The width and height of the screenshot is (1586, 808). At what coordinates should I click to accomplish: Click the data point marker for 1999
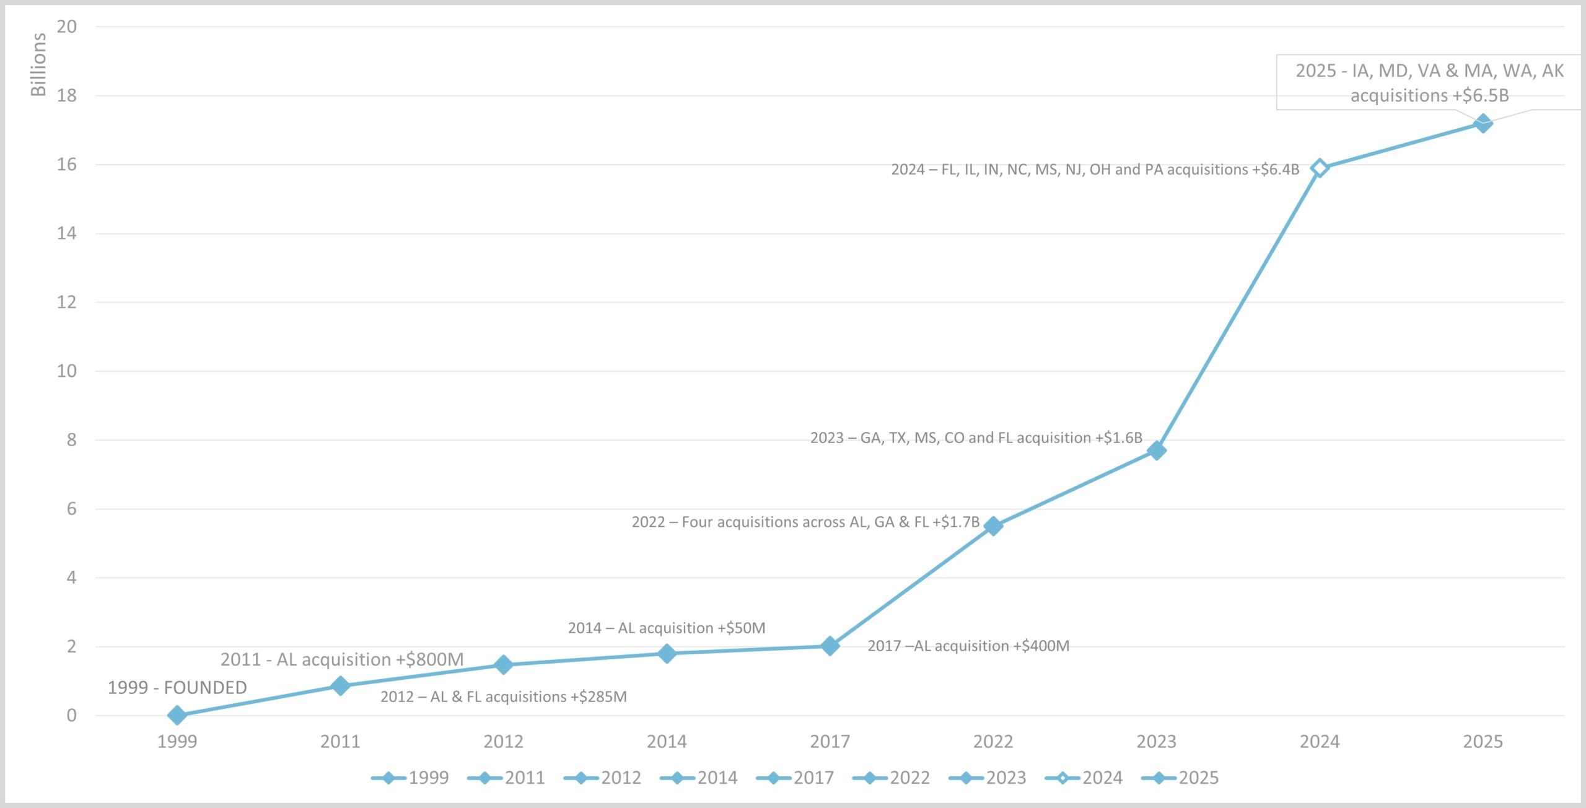click(x=177, y=715)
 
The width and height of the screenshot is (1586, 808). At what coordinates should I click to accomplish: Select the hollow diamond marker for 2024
click(x=1320, y=168)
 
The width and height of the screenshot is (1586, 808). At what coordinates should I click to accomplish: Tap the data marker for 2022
click(x=993, y=526)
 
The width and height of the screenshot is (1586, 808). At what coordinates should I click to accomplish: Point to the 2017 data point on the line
click(x=830, y=646)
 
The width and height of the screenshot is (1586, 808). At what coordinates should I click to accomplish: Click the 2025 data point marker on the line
click(x=1483, y=123)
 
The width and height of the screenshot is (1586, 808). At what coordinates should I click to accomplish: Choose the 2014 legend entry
click(x=699, y=778)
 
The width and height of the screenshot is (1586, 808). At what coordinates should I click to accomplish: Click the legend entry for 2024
click(x=1084, y=778)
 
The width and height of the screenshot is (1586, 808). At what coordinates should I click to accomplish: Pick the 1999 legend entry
click(x=410, y=778)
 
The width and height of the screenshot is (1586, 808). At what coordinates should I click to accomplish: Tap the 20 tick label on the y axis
click(x=67, y=27)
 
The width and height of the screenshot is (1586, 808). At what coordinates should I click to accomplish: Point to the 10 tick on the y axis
click(x=67, y=371)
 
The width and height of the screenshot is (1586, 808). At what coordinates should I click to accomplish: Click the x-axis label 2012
click(x=503, y=741)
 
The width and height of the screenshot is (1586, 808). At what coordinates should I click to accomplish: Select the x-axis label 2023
click(x=1156, y=741)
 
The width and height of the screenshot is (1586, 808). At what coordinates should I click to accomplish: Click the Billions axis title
click(x=38, y=64)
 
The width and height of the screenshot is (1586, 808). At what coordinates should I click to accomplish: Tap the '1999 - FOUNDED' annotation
click(x=177, y=688)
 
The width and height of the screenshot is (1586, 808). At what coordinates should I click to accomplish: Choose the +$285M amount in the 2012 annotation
click(x=598, y=696)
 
